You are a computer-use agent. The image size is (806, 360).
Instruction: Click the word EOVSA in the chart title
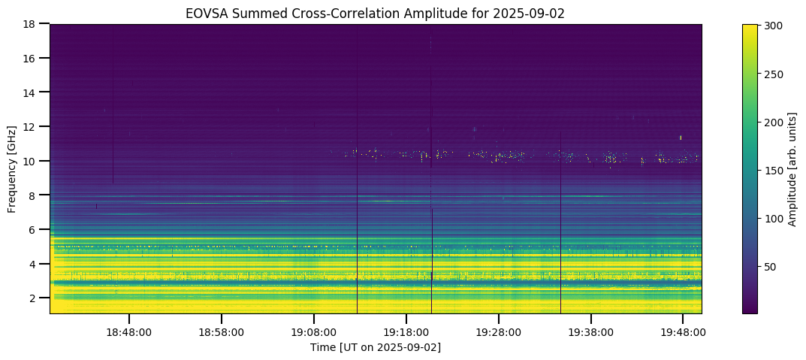click(204, 13)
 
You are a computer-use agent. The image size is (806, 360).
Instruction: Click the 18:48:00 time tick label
click(129, 331)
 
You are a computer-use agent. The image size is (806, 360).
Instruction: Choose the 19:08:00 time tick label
click(314, 331)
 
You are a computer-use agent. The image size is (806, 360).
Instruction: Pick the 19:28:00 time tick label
click(498, 331)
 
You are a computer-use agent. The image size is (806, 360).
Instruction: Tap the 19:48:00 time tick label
click(682, 331)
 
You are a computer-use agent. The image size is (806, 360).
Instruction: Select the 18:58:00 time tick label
click(222, 331)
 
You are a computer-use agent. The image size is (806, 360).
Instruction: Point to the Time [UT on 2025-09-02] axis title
click(376, 347)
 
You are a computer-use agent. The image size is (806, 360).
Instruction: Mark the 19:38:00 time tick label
click(590, 331)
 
